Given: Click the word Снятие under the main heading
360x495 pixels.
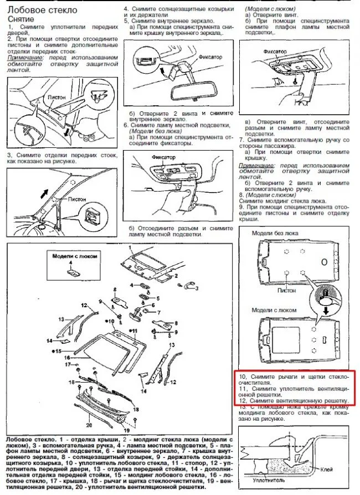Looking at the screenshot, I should pos(20,18).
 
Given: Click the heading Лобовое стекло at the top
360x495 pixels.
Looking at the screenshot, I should pos(42,9).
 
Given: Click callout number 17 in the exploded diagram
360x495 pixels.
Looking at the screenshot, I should pos(69,365).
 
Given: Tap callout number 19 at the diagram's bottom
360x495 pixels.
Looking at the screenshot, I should pos(127,430).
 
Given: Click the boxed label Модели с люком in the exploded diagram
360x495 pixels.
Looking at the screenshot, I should pos(70,256).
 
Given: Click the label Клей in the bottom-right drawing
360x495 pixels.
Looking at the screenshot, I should pos(327,469).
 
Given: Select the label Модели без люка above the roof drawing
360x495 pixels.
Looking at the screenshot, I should pos(275,233).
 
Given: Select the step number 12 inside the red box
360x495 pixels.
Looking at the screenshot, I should pos(247,400).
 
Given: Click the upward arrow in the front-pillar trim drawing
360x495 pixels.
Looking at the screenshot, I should pos(42,194).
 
